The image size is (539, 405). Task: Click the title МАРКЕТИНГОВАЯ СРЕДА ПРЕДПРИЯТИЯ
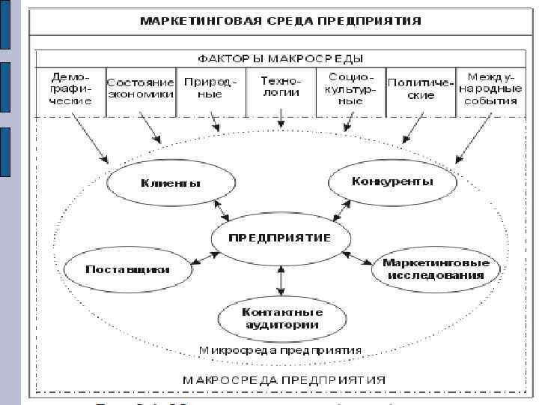[x=280, y=20]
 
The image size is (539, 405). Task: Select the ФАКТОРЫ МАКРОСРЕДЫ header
[x=280, y=58]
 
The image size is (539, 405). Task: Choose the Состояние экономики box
[x=141, y=88]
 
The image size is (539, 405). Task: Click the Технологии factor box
[x=281, y=86]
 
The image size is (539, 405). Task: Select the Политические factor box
[x=420, y=88]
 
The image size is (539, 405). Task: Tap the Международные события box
[x=490, y=89]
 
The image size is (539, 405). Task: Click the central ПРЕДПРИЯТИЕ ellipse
[x=280, y=238]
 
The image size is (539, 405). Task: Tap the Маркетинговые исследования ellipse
[x=436, y=268]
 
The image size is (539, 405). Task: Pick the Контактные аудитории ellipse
[x=281, y=318]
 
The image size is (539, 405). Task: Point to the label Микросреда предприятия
[x=280, y=350]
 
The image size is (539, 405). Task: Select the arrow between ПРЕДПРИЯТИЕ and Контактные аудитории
[x=280, y=280]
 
